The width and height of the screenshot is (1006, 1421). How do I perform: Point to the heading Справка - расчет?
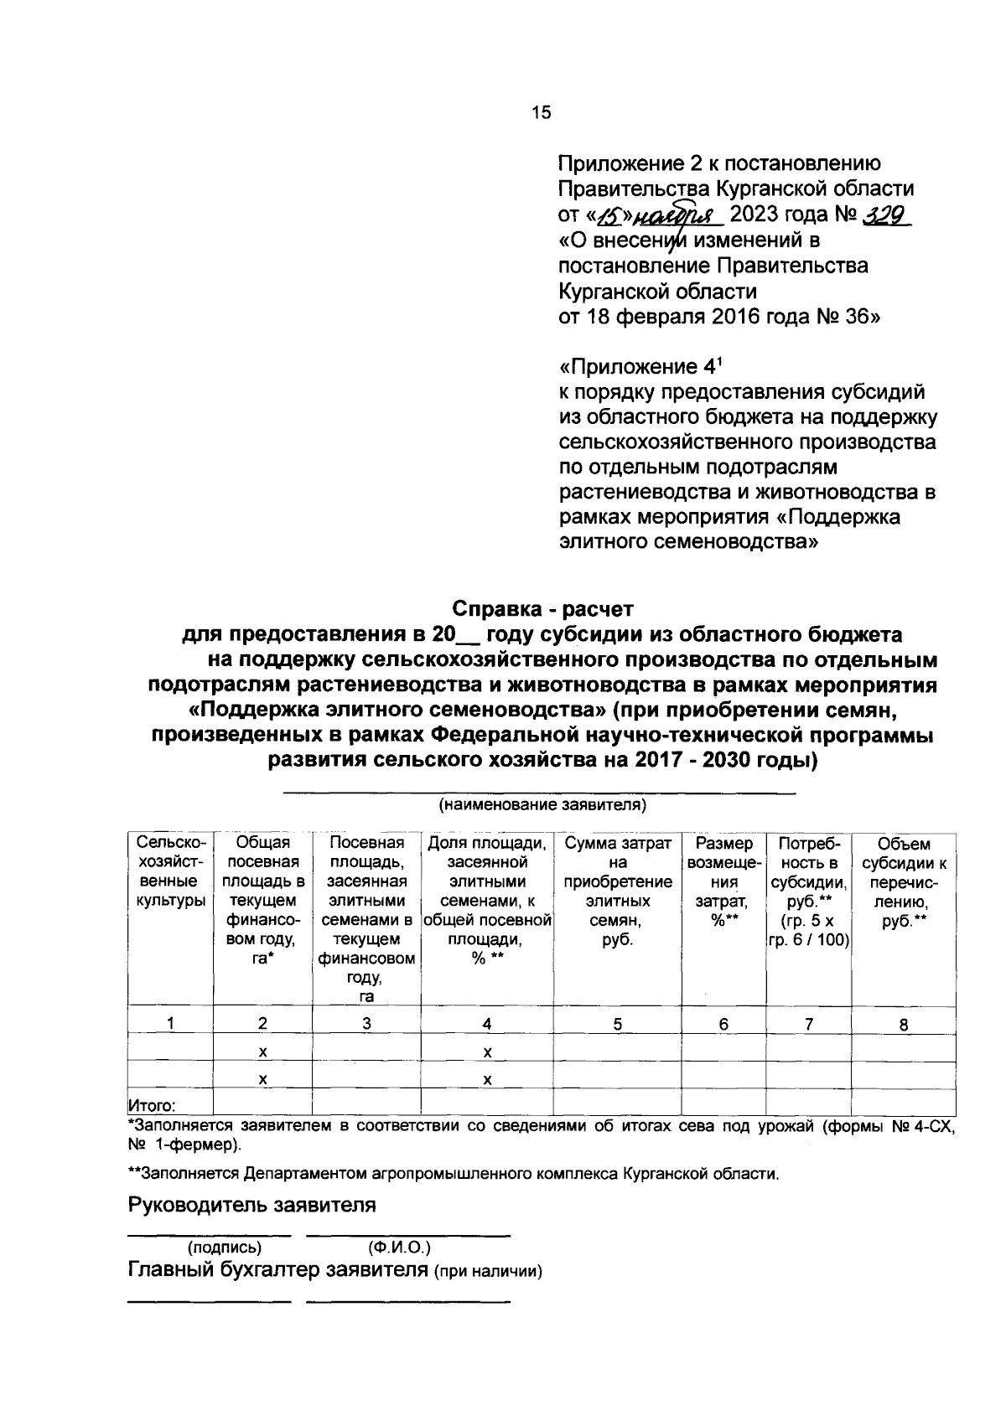(x=543, y=607)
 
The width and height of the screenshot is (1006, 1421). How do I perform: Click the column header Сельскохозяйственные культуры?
(x=169, y=872)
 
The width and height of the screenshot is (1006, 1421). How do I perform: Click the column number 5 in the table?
(x=617, y=1023)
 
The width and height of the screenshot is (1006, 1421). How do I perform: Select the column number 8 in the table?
(x=904, y=1024)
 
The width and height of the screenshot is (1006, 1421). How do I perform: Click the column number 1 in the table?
(x=170, y=1023)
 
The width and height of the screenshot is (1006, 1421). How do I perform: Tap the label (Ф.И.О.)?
(x=399, y=1246)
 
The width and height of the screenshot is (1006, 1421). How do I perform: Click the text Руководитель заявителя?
(x=251, y=1205)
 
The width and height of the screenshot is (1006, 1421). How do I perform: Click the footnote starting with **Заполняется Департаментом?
(x=453, y=1173)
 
